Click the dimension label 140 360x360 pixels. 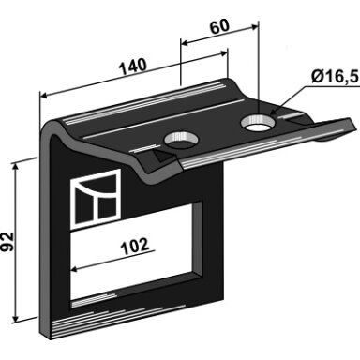pyautogui.click(x=133, y=67)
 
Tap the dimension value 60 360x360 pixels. pyautogui.click(x=219, y=27)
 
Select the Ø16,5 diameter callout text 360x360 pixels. pyautogui.click(x=334, y=77)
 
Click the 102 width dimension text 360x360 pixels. pyautogui.click(x=135, y=247)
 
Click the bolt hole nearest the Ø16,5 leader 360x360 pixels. pyautogui.click(x=257, y=123)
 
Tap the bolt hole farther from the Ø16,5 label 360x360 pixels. pyautogui.click(x=181, y=140)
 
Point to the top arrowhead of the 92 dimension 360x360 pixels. pyautogui.click(x=15, y=166)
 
